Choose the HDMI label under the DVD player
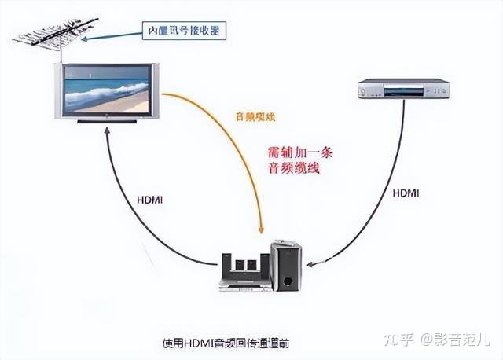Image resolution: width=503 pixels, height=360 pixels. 407,192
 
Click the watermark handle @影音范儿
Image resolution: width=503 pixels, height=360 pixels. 457,340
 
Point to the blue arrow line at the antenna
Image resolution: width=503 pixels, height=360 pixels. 118,35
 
